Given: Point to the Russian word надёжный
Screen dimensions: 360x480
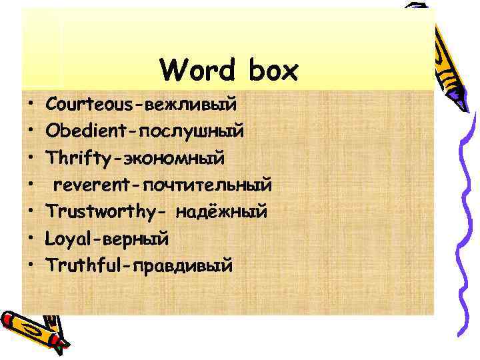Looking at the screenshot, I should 221,212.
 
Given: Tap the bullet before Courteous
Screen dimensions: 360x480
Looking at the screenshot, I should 31,105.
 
